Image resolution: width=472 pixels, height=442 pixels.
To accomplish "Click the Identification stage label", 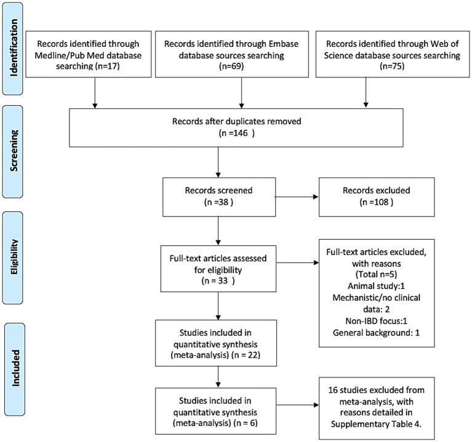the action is pyautogui.click(x=13, y=49).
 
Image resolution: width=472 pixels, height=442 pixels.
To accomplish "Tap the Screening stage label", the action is pyautogui.click(x=13, y=152).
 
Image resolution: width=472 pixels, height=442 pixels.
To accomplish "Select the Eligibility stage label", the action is pyautogui.click(x=13, y=258).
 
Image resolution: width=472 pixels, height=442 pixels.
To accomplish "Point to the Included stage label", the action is pyautogui.click(x=14, y=369).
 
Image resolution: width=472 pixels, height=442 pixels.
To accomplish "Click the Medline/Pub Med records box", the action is pyautogui.click(x=89, y=54).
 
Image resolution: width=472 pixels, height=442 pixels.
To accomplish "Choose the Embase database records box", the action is pyautogui.click(x=232, y=54).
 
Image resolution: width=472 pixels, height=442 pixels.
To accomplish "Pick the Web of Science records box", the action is pyautogui.click(x=393, y=54).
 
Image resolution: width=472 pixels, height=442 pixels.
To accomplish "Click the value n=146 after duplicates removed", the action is pyautogui.click(x=236, y=133).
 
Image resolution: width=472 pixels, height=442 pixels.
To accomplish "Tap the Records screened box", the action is pyautogui.click(x=219, y=197).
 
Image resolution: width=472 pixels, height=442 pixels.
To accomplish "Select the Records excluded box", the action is pyautogui.click(x=377, y=197).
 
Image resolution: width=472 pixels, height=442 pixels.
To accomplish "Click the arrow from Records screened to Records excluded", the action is pyautogui.click(x=297, y=197).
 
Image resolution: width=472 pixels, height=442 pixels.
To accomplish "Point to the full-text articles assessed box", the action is pyautogui.click(x=218, y=269).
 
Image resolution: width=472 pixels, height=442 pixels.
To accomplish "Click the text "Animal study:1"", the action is pyautogui.click(x=376, y=286).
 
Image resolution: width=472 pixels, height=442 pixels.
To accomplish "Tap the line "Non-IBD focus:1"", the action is pyautogui.click(x=376, y=321).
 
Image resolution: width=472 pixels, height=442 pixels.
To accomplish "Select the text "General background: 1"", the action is pyautogui.click(x=376, y=333).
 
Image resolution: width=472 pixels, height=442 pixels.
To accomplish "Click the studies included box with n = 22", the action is pyautogui.click(x=216, y=343).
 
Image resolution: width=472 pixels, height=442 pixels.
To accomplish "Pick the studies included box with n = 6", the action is pyautogui.click(x=215, y=411).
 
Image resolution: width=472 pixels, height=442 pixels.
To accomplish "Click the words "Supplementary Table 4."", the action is pyautogui.click(x=376, y=424).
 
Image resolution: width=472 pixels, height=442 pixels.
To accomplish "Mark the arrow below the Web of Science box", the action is pyautogui.click(x=366, y=92).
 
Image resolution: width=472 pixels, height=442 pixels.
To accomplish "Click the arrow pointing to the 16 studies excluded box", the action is pyautogui.click(x=297, y=405).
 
